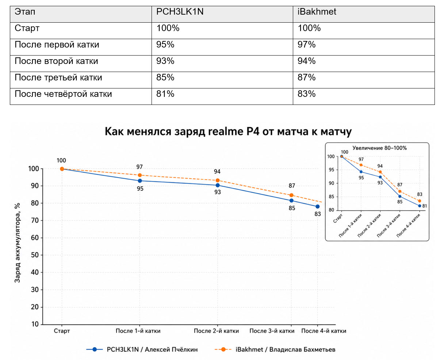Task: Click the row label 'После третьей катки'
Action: [x=58, y=77]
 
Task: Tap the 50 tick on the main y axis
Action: [x=35, y=255]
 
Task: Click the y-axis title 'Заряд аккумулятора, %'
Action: [x=18, y=243]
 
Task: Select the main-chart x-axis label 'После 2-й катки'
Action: [x=216, y=331]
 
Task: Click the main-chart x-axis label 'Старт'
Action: [x=62, y=331]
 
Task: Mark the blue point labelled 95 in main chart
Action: [x=140, y=181]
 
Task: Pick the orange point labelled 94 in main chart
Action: [x=217, y=180]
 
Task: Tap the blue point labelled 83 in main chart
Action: [x=317, y=206]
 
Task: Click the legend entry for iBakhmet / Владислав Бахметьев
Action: [x=275, y=349]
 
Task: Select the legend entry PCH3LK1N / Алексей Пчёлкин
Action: [x=142, y=349]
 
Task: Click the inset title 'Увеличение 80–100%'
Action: [x=379, y=148]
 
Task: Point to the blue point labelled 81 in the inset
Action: [x=420, y=206]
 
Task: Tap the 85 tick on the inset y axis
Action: [x=332, y=197]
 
